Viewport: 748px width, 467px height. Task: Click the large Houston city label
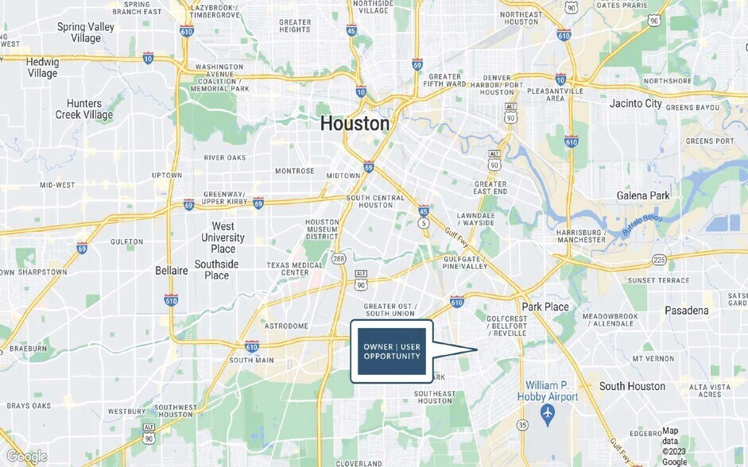[355, 124]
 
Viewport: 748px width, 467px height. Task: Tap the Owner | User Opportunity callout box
[392, 351]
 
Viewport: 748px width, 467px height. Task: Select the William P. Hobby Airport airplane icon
[547, 413]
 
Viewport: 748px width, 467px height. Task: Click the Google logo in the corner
[26, 457]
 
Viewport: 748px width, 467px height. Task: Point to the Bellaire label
[172, 271]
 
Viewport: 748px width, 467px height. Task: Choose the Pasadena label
[686, 311]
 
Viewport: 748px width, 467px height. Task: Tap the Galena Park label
[643, 195]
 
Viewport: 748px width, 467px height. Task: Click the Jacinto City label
[635, 103]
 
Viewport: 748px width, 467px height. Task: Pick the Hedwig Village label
[42, 68]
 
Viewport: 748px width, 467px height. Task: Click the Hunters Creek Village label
[84, 109]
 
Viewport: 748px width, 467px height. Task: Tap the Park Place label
[545, 307]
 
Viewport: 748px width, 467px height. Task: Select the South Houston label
[632, 386]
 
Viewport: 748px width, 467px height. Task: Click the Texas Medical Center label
[288, 268]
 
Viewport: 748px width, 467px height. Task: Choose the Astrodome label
[285, 326]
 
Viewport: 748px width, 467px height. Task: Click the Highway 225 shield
[658, 259]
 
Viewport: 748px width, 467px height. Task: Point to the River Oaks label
[224, 158]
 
